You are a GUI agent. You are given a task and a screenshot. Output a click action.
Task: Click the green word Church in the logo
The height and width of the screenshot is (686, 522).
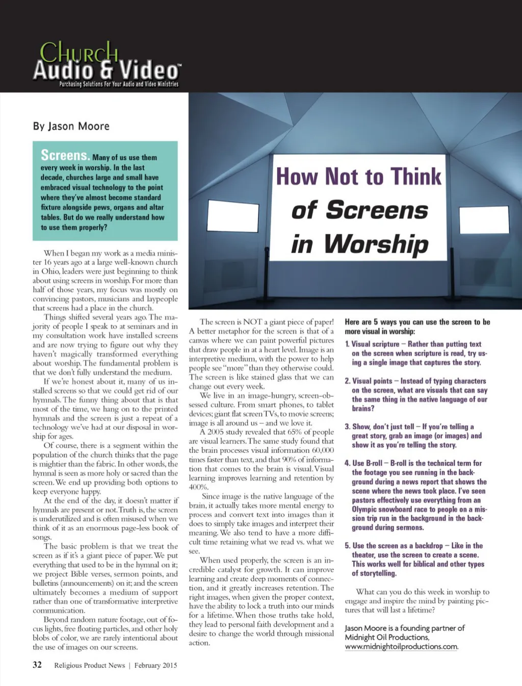(79, 52)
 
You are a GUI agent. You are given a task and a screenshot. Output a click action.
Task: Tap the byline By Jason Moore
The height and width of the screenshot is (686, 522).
(71, 126)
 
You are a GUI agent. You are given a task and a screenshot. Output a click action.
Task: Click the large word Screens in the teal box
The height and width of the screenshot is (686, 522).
(65, 155)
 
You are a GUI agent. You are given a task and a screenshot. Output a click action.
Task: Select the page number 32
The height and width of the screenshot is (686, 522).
(37, 665)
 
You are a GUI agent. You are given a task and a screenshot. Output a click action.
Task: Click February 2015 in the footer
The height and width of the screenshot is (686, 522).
(155, 665)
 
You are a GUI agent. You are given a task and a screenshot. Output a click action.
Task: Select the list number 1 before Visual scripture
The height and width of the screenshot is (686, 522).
(347, 345)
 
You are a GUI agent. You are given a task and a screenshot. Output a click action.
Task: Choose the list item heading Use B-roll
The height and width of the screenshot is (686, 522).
(367, 463)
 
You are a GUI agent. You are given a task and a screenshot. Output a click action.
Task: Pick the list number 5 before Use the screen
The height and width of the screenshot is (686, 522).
(347, 546)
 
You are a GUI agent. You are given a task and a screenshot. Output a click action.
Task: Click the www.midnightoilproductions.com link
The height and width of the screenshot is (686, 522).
(401, 647)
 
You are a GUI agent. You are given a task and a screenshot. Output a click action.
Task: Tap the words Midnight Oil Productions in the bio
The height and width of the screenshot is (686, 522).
(386, 638)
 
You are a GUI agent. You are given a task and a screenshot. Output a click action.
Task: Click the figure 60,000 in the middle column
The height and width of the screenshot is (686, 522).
(323, 450)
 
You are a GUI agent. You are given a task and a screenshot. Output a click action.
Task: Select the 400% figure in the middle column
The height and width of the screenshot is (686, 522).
(199, 487)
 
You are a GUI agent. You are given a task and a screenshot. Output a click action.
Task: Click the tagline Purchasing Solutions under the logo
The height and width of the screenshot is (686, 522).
(118, 84)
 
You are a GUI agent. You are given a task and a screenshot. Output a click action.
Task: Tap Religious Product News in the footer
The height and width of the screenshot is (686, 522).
(89, 665)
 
